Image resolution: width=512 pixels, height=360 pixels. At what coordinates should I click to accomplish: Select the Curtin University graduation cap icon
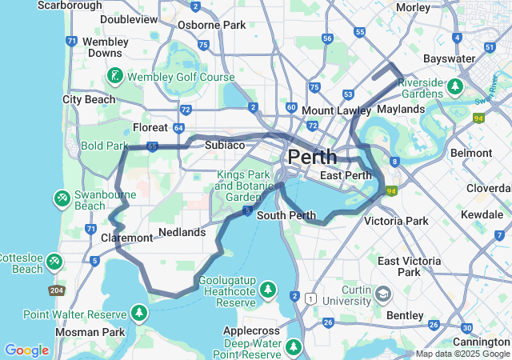(x=383, y=294)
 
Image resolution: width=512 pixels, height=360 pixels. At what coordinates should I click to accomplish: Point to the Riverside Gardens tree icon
(x=455, y=85)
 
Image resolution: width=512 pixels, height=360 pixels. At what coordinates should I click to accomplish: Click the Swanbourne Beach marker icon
(x=62, y=197)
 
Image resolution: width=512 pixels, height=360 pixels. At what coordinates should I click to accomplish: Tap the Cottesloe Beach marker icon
(x=54, y=261)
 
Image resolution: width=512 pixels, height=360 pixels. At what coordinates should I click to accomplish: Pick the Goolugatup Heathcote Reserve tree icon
(x=268, y=288)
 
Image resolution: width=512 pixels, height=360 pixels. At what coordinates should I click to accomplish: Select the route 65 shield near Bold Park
(x=152, y=146)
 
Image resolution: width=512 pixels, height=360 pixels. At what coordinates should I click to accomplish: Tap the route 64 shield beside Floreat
(x=178, y=127)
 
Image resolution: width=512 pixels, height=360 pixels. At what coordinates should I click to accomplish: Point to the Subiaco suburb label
(x=224, y=145)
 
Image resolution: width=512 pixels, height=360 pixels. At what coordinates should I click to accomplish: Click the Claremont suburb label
(x=126, y=238)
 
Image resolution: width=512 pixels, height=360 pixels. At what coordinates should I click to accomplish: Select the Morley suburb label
(x=413, y=7)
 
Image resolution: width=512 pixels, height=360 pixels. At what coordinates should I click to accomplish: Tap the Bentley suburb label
(x=405, y=315)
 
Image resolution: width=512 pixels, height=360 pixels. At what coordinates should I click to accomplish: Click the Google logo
(x=26, y=350)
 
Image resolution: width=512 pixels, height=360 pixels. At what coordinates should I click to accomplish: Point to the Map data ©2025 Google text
(x=462, y=354)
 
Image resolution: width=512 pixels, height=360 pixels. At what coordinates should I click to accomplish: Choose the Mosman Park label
(x=90, y=331)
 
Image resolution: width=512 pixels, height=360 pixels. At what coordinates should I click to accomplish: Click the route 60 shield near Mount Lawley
(x=291, y=107)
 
